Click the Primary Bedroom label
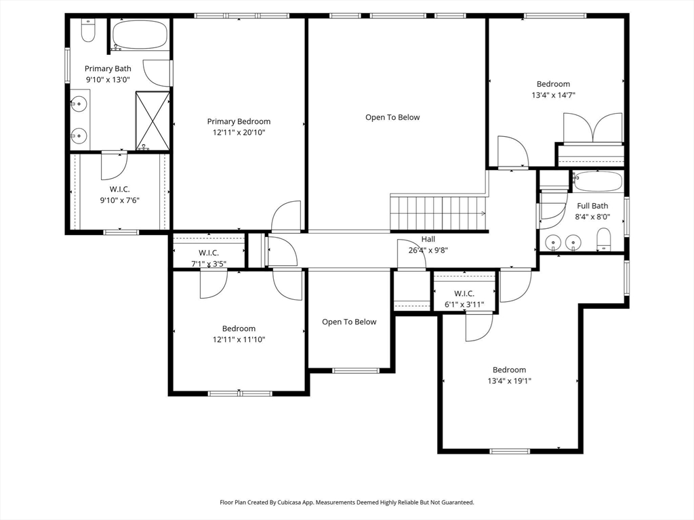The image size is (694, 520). (x=239, y=122)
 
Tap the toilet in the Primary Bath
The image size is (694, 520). (x=88, y=30)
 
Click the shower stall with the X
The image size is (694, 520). (x=152, y=121)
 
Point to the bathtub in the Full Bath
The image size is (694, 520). (x=598, y=181)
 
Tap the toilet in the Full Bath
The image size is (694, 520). (x=603, y=239)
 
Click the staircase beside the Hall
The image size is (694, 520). (x=438, y=213)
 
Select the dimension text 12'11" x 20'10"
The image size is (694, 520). (x=239, y=132)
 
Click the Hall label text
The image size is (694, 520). (x=428, y=239)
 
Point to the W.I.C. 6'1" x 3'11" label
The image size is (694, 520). (x=464, y=299)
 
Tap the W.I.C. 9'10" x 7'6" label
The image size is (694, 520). (x=119, y=194)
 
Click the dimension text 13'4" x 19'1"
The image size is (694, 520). (x=510, y=381)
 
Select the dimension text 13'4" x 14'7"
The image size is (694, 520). (x=553, y=95)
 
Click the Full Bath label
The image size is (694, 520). (x=592, y=206)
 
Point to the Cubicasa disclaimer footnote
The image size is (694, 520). (x=346, y=502)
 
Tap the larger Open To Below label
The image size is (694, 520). (x=392, y=117)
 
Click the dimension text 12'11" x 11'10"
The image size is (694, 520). (x=239, y=340)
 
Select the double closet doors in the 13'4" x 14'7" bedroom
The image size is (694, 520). (x=592, y=128)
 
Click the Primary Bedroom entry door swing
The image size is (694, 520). (x=287, y=216)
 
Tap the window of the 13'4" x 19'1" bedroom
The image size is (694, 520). (x=510, y=451)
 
